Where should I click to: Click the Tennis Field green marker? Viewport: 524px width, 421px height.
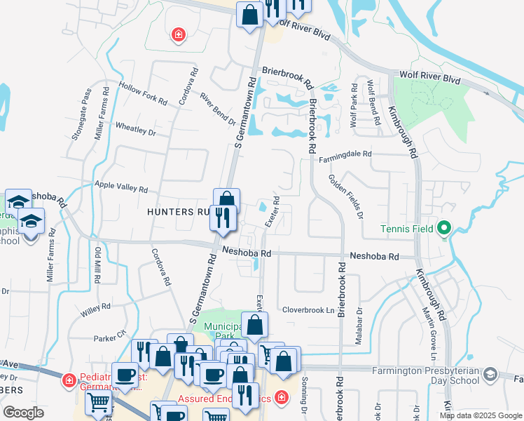coord(443,228)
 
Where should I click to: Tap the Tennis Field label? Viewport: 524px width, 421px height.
coord(406,229)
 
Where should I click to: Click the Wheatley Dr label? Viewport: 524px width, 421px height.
coord(135,129)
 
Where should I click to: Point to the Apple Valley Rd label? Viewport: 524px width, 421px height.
coord(120,187)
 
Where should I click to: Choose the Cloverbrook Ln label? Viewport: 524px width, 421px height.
coord(309,309)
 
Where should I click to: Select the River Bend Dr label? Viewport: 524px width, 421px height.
coord(217,109)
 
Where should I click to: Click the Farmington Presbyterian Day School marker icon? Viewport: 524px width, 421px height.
coord(490,374)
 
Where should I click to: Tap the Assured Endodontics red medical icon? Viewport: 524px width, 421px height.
coord(281,398)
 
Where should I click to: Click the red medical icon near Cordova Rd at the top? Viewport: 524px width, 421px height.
coord(179,34)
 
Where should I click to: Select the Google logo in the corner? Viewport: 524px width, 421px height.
coord(24,413)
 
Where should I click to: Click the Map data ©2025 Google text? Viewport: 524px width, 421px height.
coord(481,415)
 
